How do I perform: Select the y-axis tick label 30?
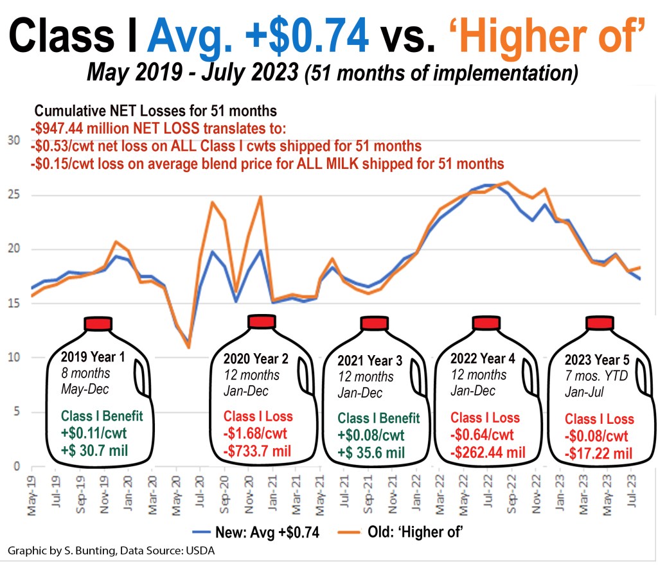click(12, 141)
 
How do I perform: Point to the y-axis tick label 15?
click(12, 304)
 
